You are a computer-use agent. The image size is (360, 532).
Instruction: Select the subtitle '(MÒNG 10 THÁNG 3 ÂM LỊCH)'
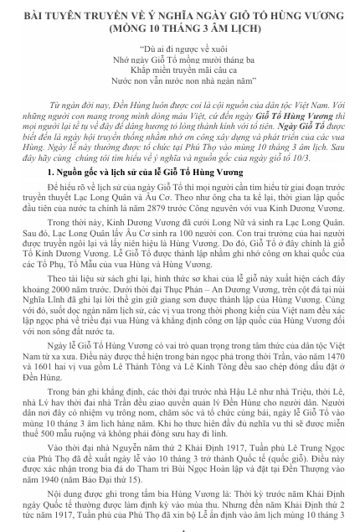click(x=179, y=27)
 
